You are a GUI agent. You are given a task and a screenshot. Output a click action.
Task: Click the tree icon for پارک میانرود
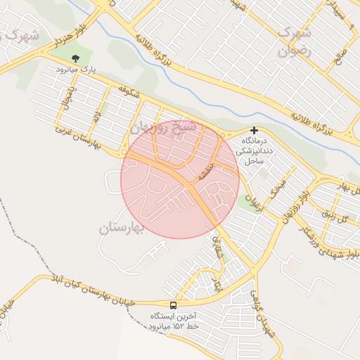coord(76,59)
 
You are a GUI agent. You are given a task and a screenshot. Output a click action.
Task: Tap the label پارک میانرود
coord(76,70)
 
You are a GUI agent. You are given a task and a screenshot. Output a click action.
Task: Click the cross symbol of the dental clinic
coord(254,130)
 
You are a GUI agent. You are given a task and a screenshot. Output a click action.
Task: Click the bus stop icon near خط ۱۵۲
coord(174,305)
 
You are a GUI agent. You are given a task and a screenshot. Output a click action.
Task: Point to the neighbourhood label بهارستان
coord(121,228)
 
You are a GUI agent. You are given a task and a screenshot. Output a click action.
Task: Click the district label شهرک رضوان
coord(294,41)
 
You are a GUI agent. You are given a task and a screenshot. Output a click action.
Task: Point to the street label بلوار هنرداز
coord(39,46)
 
